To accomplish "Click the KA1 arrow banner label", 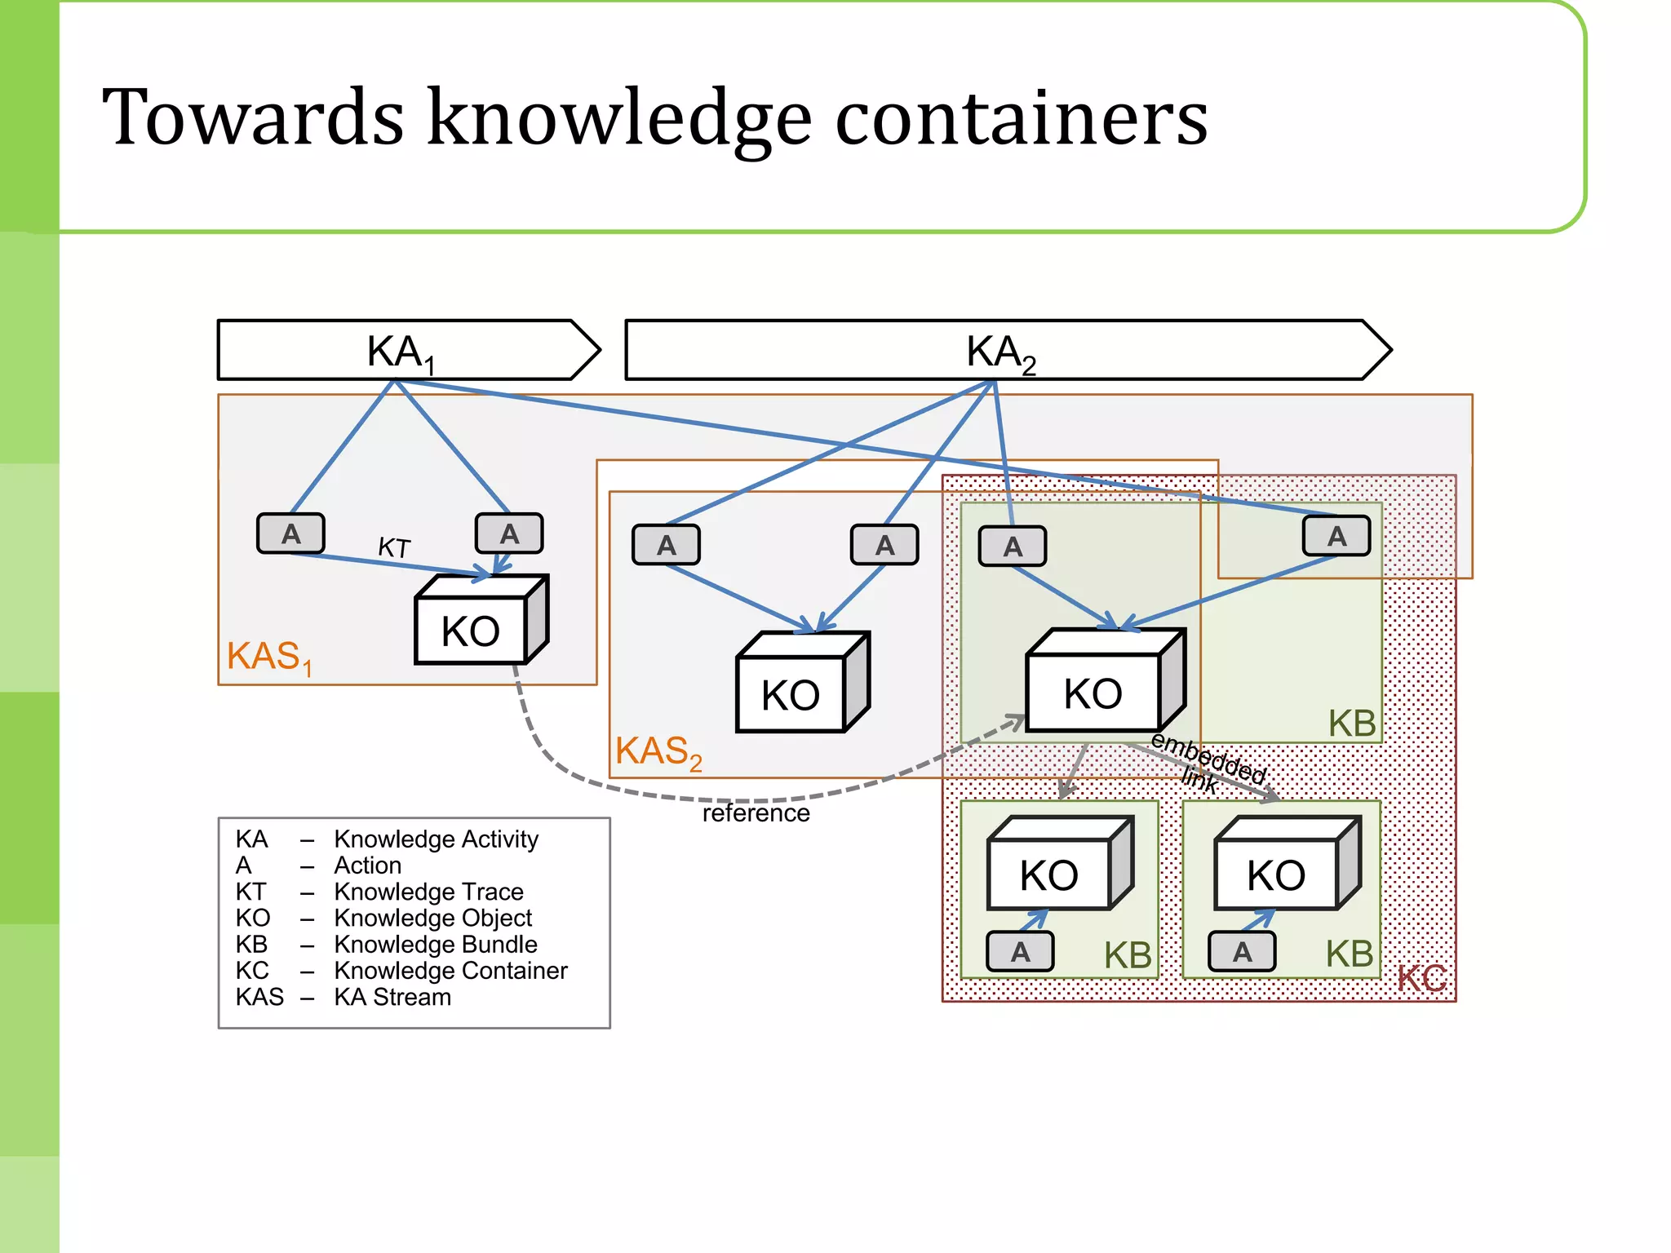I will pos(400,352).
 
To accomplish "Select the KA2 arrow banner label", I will pos(1000,352).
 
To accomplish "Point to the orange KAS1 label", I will pos(268,657).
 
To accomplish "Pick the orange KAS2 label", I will pos(658,751).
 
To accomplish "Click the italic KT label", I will pos(394,547).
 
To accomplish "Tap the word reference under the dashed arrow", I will pos(756,813).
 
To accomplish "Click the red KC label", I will pos(1421,977).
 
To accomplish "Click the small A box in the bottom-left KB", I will pos(1020,951).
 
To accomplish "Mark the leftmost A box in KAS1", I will pos(290,534).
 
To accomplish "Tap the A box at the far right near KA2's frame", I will pos(1336,536).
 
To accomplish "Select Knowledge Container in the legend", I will pos(450,971).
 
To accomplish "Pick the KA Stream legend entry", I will pos(392,997).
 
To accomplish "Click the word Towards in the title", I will pos(253,118).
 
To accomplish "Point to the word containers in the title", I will pos(1022,118).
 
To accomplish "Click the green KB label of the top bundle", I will pos(1351,723).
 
